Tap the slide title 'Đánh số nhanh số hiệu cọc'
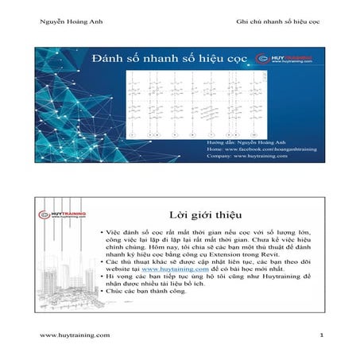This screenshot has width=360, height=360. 170,58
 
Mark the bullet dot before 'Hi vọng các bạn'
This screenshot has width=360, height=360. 102,277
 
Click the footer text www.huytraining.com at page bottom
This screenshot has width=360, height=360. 75,336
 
